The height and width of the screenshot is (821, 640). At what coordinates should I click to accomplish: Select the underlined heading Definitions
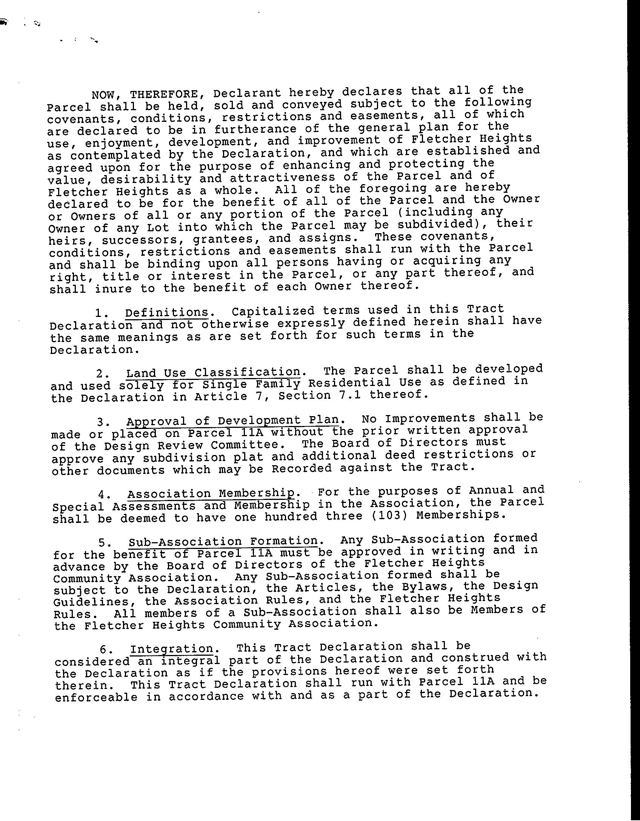[x=167, y=312]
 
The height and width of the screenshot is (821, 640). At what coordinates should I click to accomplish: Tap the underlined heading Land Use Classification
[x=213, y=373]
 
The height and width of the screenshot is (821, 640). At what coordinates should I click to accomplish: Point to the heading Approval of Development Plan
[x=232, y=421]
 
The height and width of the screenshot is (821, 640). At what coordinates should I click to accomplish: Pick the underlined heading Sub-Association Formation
[x=223, y=541]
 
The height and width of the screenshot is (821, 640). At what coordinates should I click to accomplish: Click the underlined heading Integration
[x=172, y=649]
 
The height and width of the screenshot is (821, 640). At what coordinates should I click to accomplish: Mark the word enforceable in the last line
[x=97, y=698]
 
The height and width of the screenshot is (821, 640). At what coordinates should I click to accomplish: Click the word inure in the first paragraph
[x=114, y=289]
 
